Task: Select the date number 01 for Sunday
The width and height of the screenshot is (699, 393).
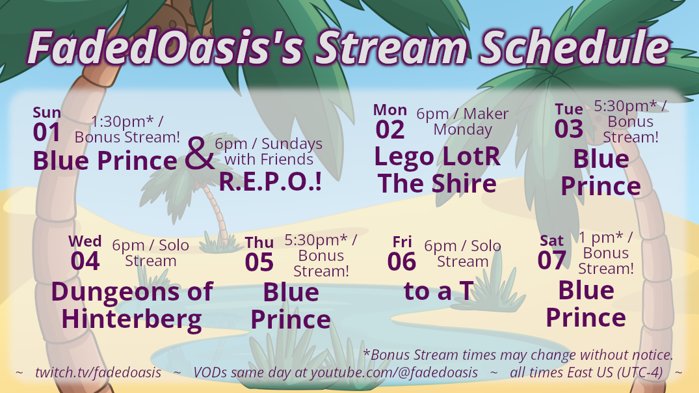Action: tap(46, 133)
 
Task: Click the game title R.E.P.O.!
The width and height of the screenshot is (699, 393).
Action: tap(270, 182)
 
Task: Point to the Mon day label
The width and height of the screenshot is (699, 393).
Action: tap(390, 110)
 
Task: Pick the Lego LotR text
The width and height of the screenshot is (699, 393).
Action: tap(438, 157)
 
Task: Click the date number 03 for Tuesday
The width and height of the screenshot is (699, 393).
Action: tap(568, 129)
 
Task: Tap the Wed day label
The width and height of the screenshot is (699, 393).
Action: tap(85, 241)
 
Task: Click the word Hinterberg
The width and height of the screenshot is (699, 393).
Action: tap(131, 320)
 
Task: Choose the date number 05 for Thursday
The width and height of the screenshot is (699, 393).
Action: tap(259, 262)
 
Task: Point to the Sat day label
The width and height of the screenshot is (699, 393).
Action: tap(552, 241)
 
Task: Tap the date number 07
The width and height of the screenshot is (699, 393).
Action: tap(552, 260)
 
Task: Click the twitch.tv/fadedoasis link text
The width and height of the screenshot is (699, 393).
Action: tap(98, 372)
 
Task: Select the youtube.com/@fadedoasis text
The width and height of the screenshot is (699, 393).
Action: tap(394, 372)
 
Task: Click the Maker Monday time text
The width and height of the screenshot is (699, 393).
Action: tap(463, 121)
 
